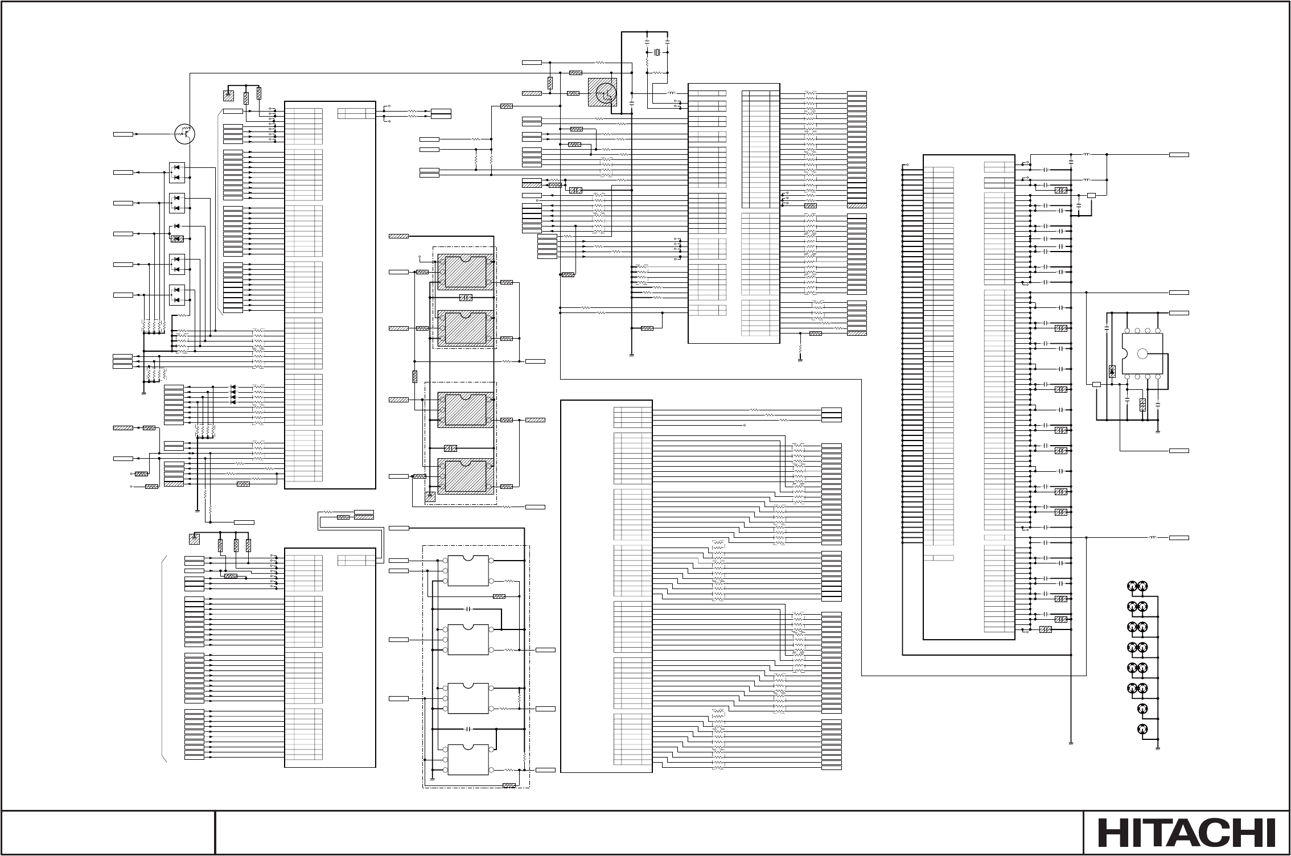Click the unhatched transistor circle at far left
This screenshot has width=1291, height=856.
tap(184, 134)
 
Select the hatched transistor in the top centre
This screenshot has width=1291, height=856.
tap(602, 92)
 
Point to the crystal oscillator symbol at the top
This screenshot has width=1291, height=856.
tap(657, 53)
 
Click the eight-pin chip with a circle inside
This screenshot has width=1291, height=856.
tap(1141, 353)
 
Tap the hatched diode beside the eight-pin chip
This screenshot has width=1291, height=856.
tap(1112, 372)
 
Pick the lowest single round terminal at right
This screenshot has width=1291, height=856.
tap(1141, 729)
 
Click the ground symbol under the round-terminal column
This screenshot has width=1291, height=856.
tap(1158, 750)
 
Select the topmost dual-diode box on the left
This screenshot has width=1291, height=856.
tap(177, 172)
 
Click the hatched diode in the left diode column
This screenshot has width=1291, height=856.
tap(177, 238)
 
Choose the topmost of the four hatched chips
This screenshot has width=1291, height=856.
tap(466, 272)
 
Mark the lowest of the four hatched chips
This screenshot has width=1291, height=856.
tap(466, 476)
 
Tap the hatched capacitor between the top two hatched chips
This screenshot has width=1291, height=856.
tap(466, 298)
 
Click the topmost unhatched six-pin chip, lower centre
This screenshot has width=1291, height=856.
tap(468, 570)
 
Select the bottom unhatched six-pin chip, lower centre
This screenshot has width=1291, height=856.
tap(468, 759)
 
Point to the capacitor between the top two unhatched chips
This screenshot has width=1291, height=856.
tap(468, 609)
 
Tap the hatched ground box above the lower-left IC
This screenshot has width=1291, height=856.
tap(194, 538)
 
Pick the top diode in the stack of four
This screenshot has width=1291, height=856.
tap(233, 388)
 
